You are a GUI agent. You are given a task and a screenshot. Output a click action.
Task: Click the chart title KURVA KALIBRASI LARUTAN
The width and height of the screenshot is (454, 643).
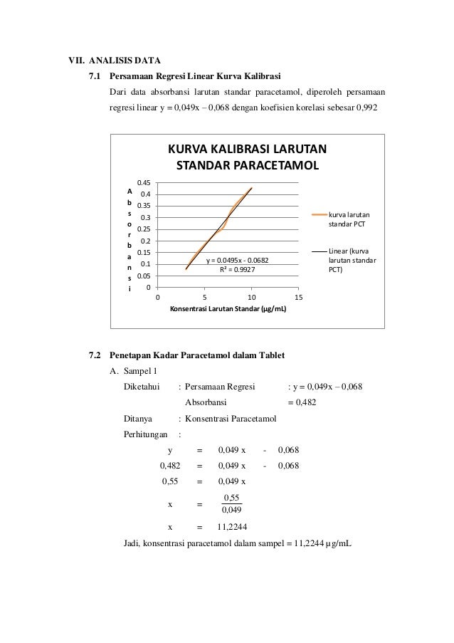coord(246,150)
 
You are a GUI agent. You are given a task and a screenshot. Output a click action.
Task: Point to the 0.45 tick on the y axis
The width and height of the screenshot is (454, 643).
coord(144,183)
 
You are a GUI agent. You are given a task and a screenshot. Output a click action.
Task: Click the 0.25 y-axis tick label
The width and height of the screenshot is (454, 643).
coord(144,229)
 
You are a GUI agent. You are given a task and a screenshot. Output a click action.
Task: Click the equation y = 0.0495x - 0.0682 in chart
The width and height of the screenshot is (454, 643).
coord(237,261)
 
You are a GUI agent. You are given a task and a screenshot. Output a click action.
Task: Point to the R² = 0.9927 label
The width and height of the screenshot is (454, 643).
coord(237,270)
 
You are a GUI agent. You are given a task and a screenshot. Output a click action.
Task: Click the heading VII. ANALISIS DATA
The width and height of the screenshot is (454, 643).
coord(109,58)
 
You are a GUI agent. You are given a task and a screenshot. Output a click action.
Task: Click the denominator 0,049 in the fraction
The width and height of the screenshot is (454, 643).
coord(232,509)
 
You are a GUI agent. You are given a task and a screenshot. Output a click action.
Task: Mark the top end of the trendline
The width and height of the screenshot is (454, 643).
coord(252,188)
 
